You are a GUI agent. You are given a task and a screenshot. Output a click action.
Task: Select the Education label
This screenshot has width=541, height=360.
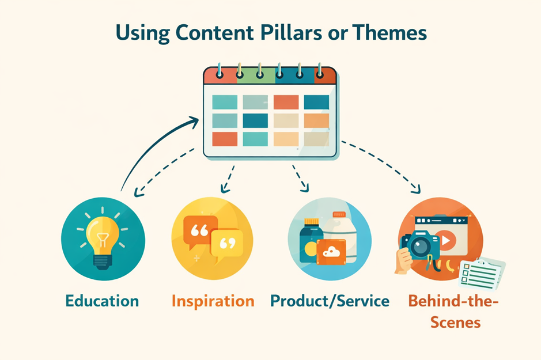coord(102,301)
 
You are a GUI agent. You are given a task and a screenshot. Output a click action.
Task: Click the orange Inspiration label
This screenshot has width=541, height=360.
coord(213,301)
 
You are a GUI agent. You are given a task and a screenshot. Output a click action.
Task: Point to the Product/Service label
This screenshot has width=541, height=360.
coord(330,301)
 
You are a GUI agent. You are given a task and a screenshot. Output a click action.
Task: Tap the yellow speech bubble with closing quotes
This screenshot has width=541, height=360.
coord(226,243)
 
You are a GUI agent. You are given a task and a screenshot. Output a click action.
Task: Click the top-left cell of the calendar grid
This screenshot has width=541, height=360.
coord(225,102)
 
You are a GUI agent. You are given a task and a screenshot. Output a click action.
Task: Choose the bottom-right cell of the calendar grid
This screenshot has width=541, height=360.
coord(316,139)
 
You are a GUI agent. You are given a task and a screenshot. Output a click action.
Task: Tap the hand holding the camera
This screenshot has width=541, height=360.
coord(404,262)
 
